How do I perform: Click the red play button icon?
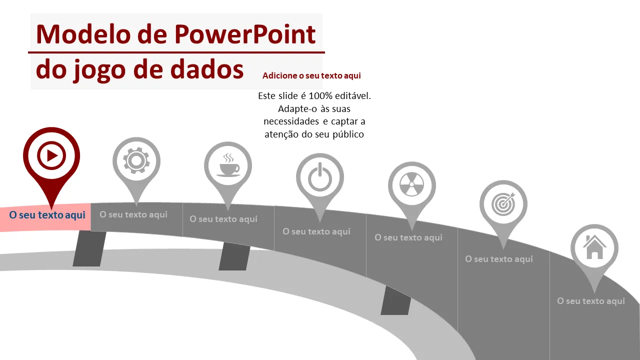pos(51,155)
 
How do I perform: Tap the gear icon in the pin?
pos(136,160)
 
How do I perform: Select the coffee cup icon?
pos(228,165)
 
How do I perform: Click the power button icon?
pos(320,177)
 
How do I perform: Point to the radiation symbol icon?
pos(411,184)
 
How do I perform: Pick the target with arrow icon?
pos(503,203)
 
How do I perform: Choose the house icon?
pos(594,247)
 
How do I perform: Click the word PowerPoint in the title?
pos(245,34)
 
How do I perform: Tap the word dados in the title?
pos(207,69)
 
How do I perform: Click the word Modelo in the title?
pos(83,34)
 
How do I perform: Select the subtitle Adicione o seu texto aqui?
pos(311,75)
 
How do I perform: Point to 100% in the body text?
pos(320,95)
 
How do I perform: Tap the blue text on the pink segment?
pos(47,215)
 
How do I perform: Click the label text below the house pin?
pos(591,301)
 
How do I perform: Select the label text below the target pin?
pos(499,259)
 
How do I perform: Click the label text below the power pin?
pos(316,231)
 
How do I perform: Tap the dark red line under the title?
pos(176,52)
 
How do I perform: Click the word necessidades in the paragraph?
pos(291,121)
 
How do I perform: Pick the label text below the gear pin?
pos(133,214)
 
